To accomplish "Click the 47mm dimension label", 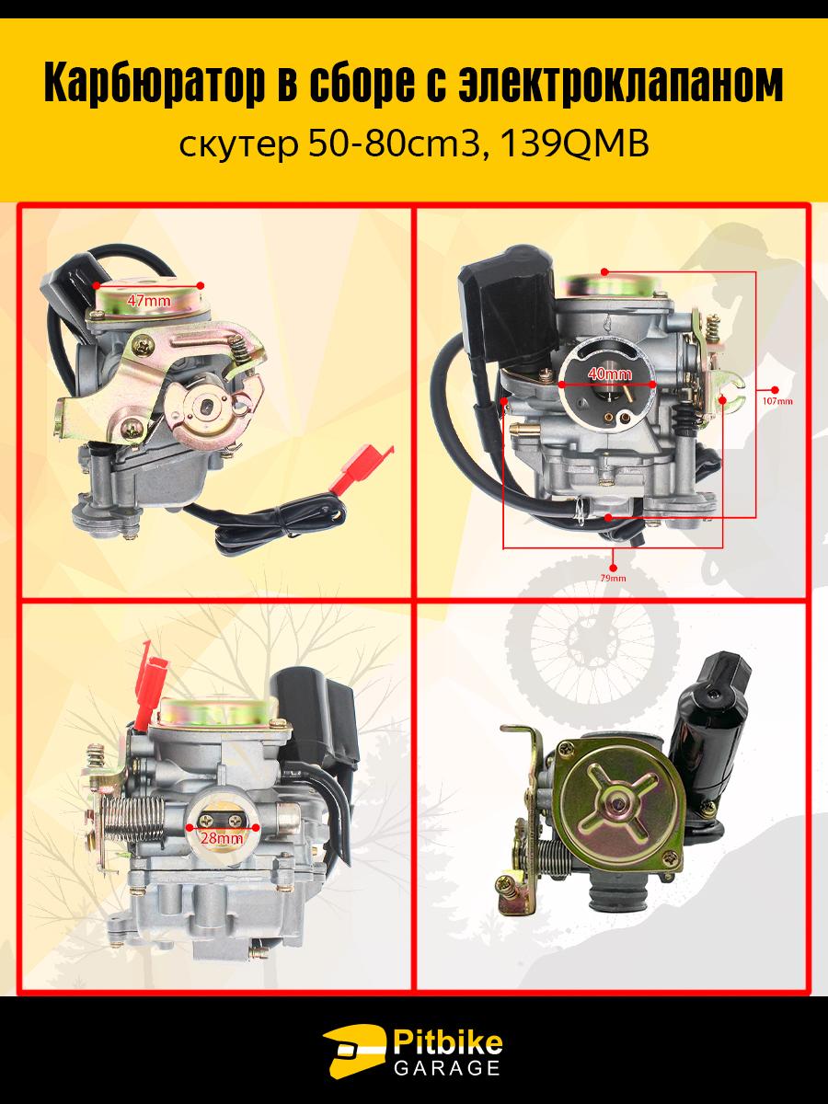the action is (149, 301).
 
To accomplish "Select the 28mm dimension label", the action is (222, 838).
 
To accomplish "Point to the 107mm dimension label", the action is (776, 401).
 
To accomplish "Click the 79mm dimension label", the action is (614, 579).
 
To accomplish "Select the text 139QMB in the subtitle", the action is (574, 145).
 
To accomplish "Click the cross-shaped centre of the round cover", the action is (618, 806).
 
